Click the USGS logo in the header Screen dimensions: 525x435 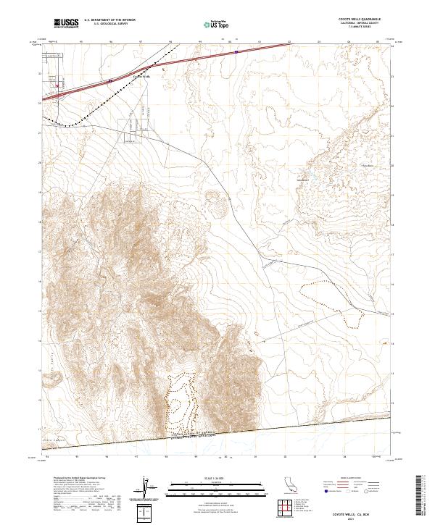click(x=66, y=23)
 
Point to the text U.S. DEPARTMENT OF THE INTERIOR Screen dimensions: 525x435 click(x=109, y=20)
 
